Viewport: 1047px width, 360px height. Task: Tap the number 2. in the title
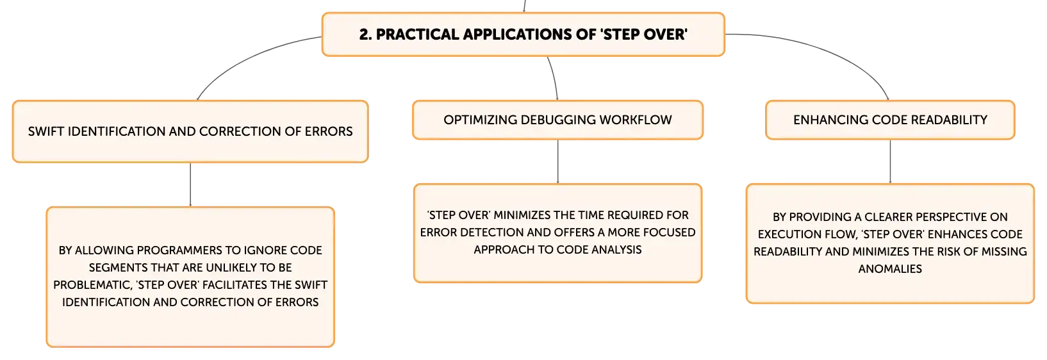click(x=365, y=35)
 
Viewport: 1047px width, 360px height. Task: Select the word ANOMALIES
click(x=890, y=269)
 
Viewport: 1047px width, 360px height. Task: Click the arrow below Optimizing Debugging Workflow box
click(x=557, y=161)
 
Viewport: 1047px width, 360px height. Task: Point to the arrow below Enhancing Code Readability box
click(x=890, y=161)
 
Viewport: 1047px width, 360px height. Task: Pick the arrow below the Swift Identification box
click(x=190, y=184)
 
